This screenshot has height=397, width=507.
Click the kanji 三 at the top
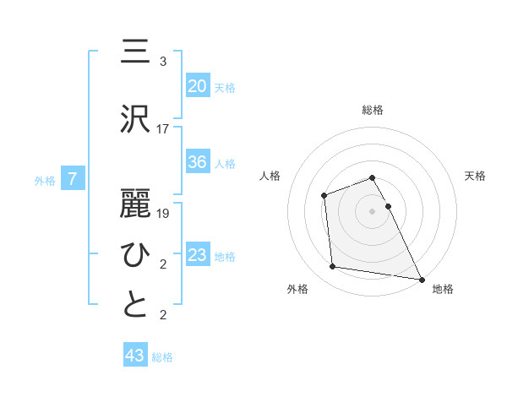pos(135,52)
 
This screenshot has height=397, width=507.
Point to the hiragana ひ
pos(135,254)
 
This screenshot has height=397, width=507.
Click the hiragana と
pos(135,305)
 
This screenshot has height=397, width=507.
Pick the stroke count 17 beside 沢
pos(163,129)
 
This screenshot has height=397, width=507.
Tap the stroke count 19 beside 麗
pos(163,214)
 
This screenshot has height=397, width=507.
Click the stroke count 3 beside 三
pos(163,62)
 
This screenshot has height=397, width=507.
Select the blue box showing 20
pos(197,85)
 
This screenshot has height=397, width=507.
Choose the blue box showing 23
pos(197,254)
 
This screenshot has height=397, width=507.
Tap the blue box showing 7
pos(73,178)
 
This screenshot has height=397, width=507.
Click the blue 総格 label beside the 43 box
pos(162,357)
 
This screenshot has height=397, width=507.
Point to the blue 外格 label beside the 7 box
pos(45,180)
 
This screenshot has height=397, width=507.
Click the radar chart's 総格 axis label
pos(372,110)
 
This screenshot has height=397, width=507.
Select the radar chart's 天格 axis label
pos(475,176)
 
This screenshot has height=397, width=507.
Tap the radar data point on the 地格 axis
pos(422,278)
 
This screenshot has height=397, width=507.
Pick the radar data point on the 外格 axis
pos(333,267)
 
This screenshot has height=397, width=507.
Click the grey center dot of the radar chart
pos(372,210)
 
